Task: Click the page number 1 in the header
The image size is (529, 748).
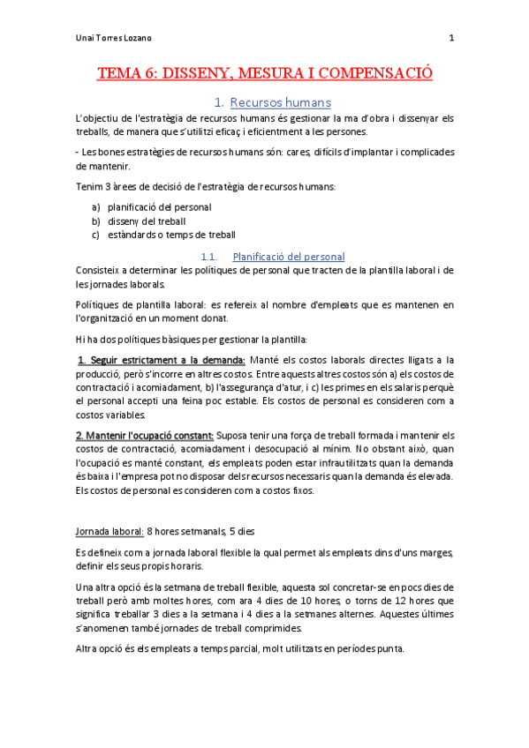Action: (x=452, y=38)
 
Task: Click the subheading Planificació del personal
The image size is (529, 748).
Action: (x=288, y=257)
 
